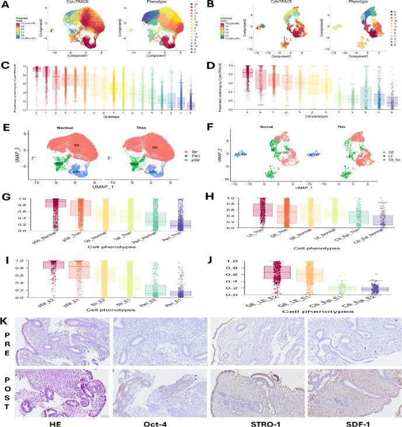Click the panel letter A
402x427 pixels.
coord(4,5)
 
